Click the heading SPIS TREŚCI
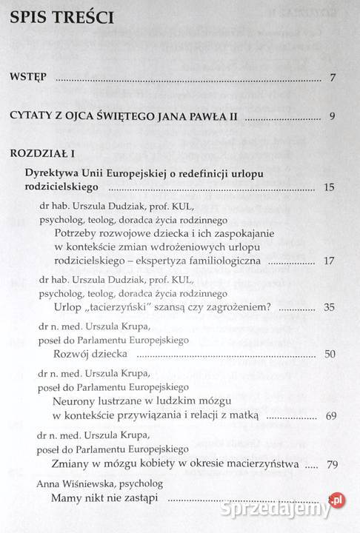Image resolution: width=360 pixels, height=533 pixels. coord(62,18)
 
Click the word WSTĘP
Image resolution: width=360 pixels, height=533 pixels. coord(32,77)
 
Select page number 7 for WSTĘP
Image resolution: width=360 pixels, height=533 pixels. coord(334,77)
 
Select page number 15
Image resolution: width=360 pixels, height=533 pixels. coord(330,188)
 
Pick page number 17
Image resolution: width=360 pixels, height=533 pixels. coord(330,261)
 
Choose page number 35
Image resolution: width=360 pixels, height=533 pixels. coord(330,306)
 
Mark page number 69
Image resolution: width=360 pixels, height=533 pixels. coord(330,415)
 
